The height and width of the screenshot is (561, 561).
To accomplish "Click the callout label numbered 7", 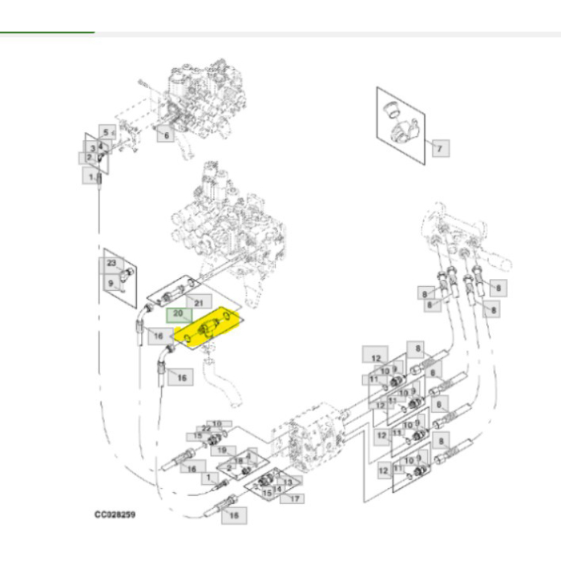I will click(438, 147).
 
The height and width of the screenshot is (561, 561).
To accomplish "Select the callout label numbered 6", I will click(164, 135).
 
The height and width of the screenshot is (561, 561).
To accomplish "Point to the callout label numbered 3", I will click(93, 149).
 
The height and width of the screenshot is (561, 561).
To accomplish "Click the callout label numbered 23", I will click(111, 263).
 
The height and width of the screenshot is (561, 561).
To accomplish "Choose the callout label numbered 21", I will click(200, 301).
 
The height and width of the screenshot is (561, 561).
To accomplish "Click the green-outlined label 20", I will click(179, 314).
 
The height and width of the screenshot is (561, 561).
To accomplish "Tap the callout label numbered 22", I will click(206, 429).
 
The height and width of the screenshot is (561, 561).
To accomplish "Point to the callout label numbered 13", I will click(286, 481).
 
